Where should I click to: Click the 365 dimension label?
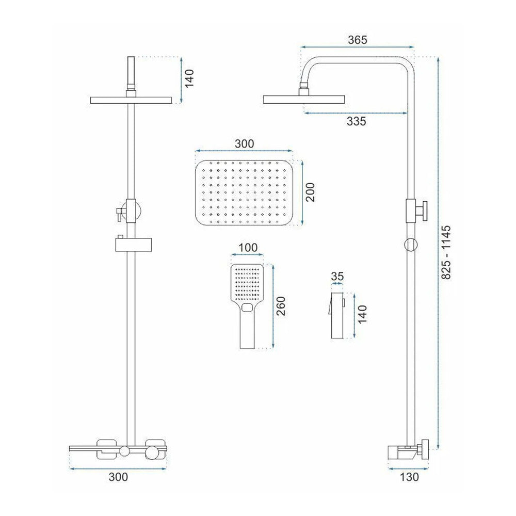coord(357,40)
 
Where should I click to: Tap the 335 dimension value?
coord(356,121)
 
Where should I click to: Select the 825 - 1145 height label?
coord(446,252)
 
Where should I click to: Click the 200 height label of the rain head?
coord(310,192)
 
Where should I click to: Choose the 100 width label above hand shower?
coord(248,248)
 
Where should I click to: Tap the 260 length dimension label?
coord(281,306)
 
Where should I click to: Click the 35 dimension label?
coord(337,276)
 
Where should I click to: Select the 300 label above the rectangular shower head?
coord(244,144)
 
